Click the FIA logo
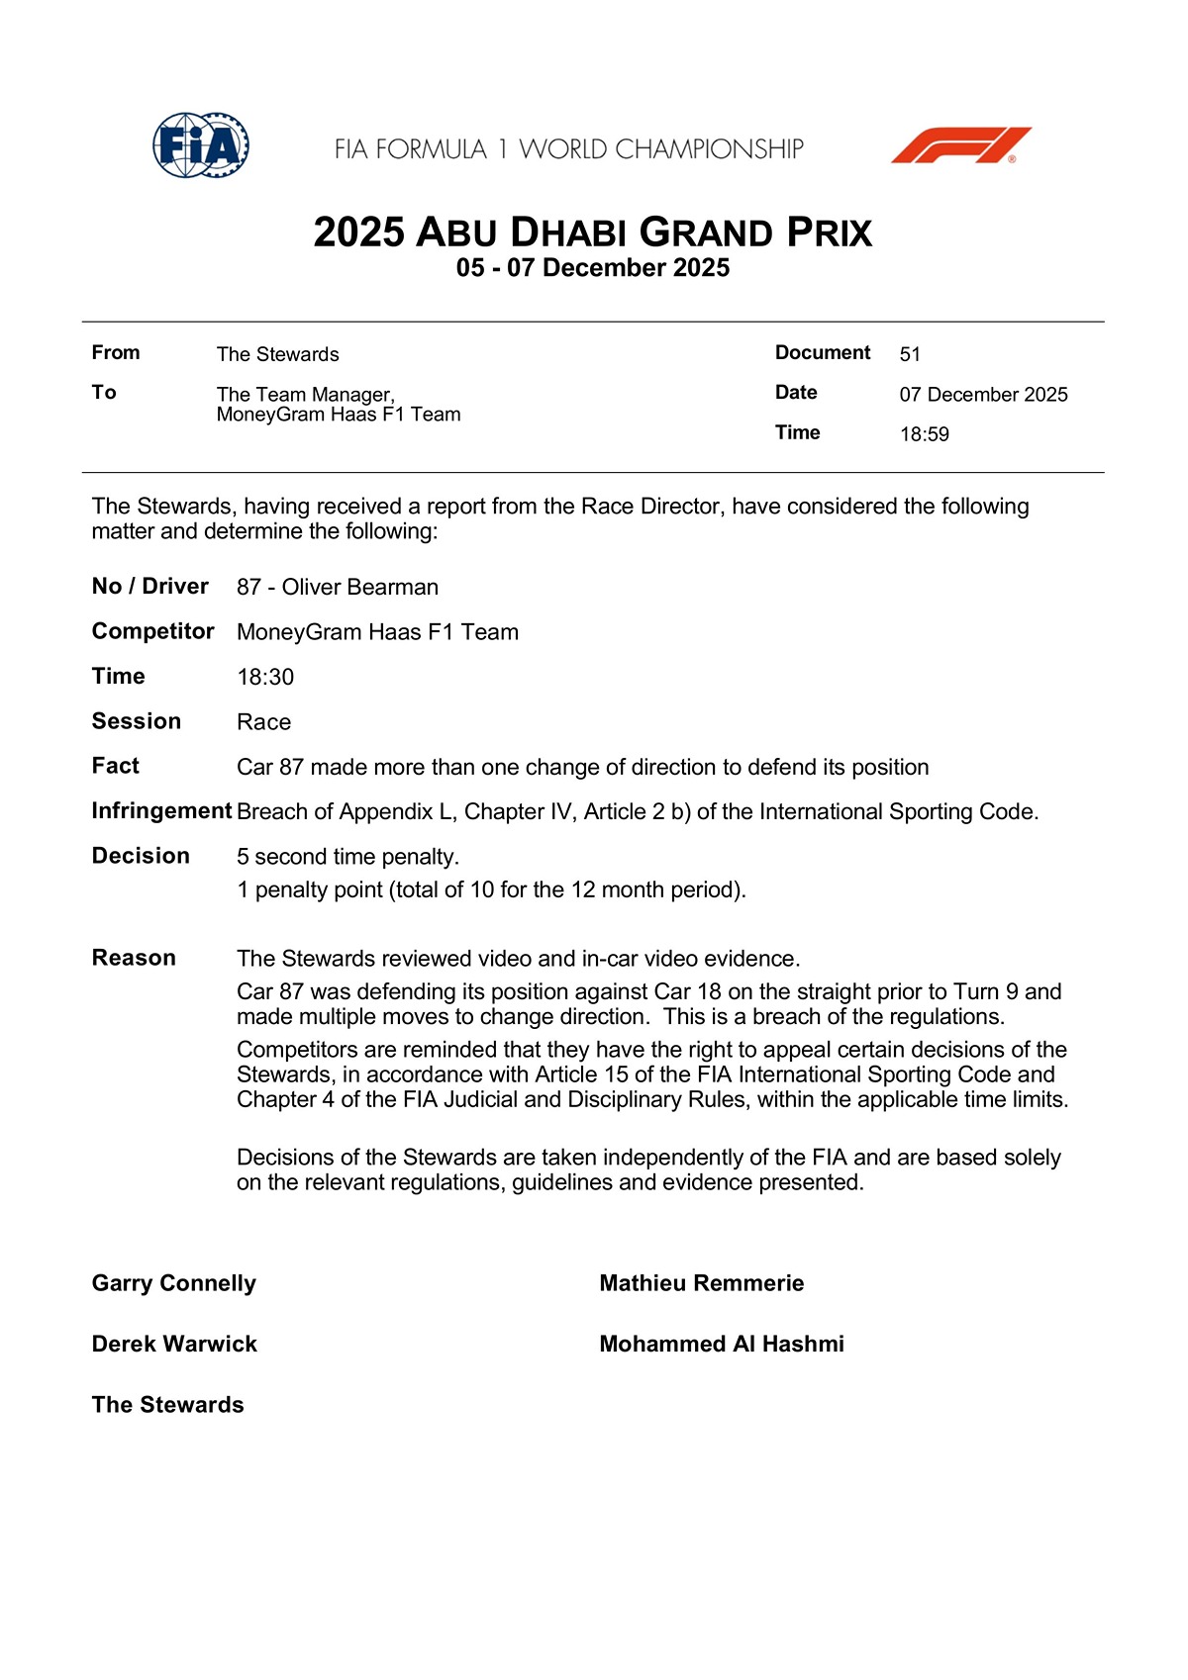coord(201,145)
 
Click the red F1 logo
coord(960,145)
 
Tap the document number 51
coord(910,354)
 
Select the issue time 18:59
coord(924,434)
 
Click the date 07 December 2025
coord(983,395)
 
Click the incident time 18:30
coord(265,677)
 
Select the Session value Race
coord(263,722)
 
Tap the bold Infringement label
coord(161,811)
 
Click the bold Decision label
coord(141,856)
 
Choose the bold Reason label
coord(134,958)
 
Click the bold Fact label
coord(116,766)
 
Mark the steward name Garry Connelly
coord(174,1283)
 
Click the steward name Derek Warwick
coord(174,1344)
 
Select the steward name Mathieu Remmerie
coord(701,1283)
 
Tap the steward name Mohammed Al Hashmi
coord(722,1344)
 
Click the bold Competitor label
coord(153,631)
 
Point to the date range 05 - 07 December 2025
coord(593,268)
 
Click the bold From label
coord(116,353)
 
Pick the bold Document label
coord(823,353)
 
